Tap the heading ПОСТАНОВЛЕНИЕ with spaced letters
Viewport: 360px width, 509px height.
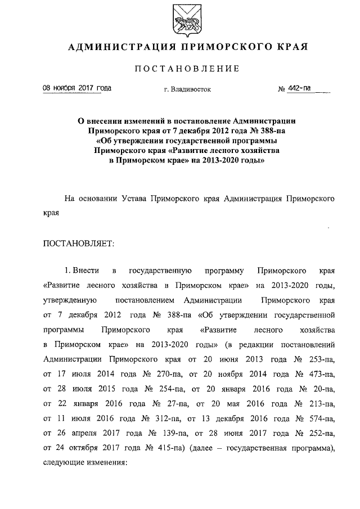point(187,69)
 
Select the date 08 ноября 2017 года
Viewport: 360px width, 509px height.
point(77,88)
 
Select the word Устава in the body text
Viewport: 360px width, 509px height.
point(139,199)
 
